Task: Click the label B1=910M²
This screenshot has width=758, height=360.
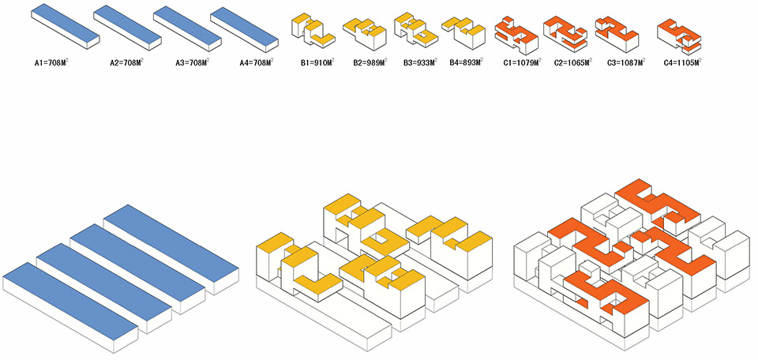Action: click(x=315, y=62)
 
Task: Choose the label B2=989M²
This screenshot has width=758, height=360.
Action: click(x=369, y=62)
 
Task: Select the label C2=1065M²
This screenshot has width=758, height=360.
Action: click(x=572, y=62)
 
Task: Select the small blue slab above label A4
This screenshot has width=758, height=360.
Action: click(x=245, y=24)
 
